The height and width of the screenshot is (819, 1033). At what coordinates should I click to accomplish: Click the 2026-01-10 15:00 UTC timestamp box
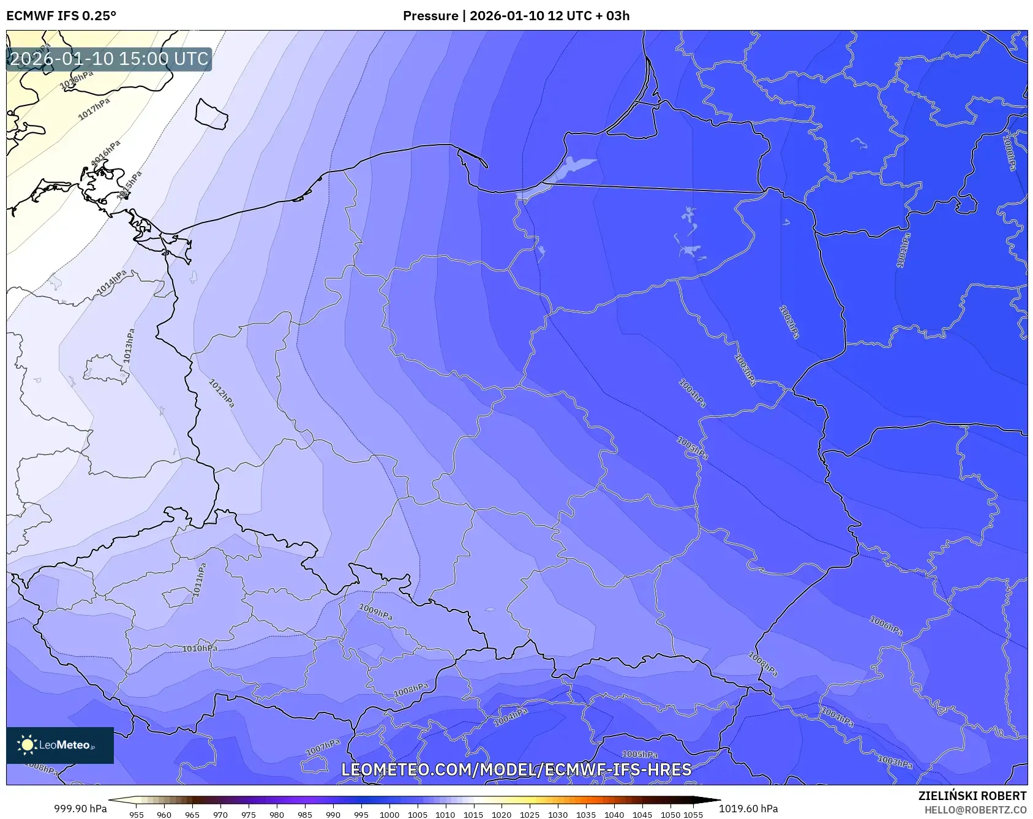[x=109, y=59]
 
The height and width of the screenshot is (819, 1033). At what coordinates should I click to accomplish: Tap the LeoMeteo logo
[x=60, y=745]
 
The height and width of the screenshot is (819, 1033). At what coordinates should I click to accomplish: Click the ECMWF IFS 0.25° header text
[x=61, y=16]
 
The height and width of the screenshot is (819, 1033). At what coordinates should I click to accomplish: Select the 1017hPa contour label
[x=94, y=109]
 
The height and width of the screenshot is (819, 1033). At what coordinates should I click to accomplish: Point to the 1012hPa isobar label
[x=222, y=393]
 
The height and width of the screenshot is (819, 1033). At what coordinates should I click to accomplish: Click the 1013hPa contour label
[x=129, y=346]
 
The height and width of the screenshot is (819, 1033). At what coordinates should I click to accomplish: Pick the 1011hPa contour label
[x=199, y=579]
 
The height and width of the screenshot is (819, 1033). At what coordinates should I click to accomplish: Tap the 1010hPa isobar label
[x=200, y=648]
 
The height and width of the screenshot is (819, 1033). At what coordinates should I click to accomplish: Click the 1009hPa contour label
[x=375, y=611]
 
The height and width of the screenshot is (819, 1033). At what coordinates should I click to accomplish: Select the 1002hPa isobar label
[x=789, y=322]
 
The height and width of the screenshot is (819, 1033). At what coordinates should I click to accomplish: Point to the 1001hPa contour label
[x=903, y=250]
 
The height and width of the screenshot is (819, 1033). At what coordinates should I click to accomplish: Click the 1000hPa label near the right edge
[x=1009, y=153]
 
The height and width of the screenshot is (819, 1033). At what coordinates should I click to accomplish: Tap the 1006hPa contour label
[x=886, y=625]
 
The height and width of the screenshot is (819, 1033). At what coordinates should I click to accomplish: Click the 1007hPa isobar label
[x=323, y=747]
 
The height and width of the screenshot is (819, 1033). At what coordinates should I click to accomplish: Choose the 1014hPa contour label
[x=111, y=282]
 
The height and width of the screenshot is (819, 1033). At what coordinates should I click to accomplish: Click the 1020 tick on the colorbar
[x=501, y=815]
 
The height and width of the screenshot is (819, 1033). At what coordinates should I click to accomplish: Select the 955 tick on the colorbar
[x=136, y=815]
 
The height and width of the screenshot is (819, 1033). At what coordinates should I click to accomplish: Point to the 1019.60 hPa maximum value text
[x=748, y=809]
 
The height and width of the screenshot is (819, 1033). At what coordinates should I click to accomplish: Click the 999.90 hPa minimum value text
[x=80, y=809]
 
